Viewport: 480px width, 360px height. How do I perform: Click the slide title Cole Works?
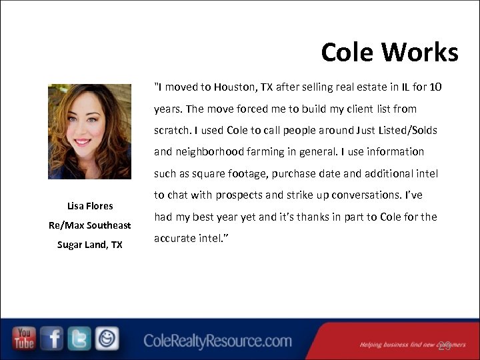tap(389, 52)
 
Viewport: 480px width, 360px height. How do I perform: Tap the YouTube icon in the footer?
tap(24, 339)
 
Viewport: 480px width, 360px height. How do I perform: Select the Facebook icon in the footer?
tap(52, 339)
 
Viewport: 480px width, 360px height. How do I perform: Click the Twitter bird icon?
tap(79, 339)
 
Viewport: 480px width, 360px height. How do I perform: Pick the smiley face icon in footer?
tap(107, 339)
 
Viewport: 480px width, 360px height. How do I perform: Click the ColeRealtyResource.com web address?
tap(217, 341)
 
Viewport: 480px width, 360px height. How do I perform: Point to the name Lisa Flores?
tap(90, 206)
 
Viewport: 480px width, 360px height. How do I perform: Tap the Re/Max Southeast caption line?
tap(90, 225)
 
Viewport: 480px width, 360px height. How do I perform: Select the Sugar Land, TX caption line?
tap(90, 245)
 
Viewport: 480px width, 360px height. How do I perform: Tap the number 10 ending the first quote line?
tap(435, 87)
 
